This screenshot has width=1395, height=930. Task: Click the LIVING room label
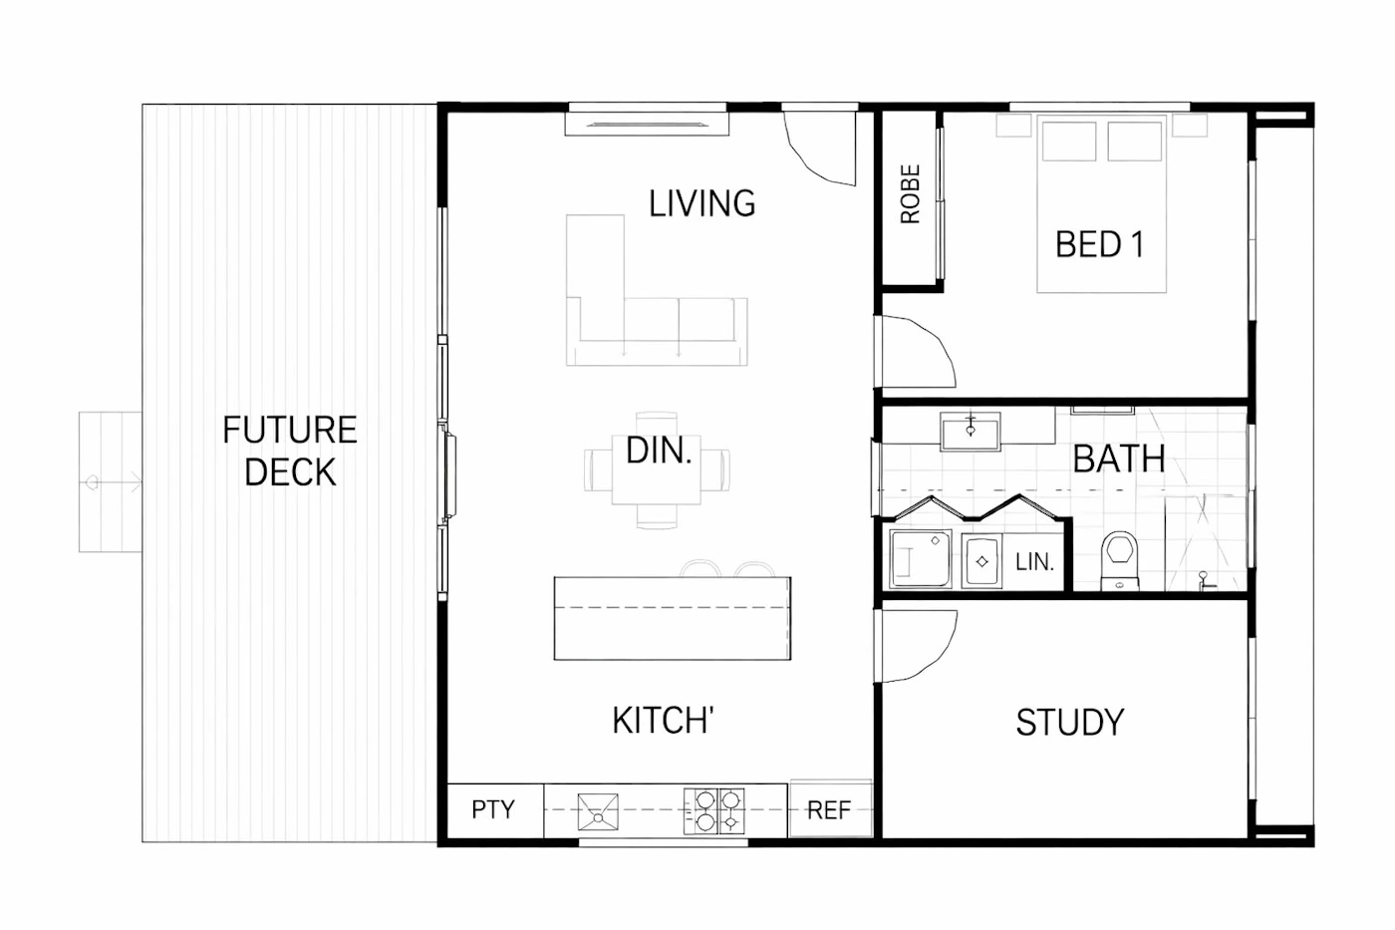tap(701, 203)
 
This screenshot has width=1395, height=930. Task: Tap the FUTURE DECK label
tap(290, 451)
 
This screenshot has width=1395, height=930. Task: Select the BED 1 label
tap(1099, 244)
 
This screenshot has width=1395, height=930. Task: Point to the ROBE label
tap(910, 193)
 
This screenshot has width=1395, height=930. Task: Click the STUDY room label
tap(1070, 723)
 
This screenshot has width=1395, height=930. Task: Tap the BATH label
tap(1118, 460)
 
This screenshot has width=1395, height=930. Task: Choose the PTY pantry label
tap(492, 809)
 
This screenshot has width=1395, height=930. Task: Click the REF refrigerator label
tap(828, 809)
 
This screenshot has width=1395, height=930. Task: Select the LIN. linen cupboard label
tap(1034, 562)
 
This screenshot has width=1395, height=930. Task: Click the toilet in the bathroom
tap(1119, 559)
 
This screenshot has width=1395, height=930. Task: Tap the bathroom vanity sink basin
tap(971, 431)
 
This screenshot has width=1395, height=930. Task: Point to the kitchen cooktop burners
tap(713, 810)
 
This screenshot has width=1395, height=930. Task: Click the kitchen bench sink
tap(598, 811)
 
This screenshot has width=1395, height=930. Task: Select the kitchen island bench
tap(673, 618)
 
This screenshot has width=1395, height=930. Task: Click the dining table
tap(657, 469)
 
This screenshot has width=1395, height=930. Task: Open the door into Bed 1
tap(915, 351)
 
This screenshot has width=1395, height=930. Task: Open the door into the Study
tap(915, 646)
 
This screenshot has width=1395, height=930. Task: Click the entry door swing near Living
tap(819, 149)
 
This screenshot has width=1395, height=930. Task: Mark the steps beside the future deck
tap(111, 481)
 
